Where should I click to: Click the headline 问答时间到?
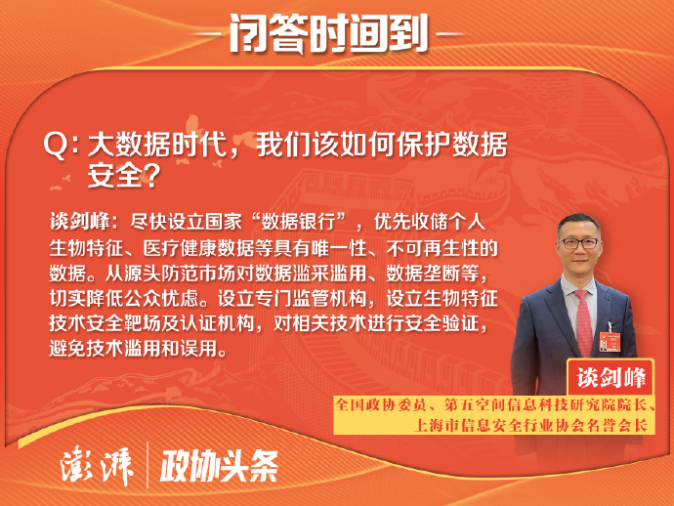click(x=329, y=33)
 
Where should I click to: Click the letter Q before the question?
click(x=56, y=145)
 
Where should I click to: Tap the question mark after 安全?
click(x=150, y=176)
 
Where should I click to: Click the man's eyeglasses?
click(x=579, y=243)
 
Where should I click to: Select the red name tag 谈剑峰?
click(x=611, y=378)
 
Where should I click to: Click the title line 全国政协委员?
click(x=494, y=404)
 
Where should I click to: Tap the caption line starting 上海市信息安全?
click(x=530, y=425)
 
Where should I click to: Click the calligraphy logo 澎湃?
click(x=97, y=467)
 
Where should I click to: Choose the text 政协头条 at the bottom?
click(x=219, y=467)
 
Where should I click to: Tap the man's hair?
click(x=578, y=223)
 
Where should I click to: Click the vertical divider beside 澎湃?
click(x=147, y=465)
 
